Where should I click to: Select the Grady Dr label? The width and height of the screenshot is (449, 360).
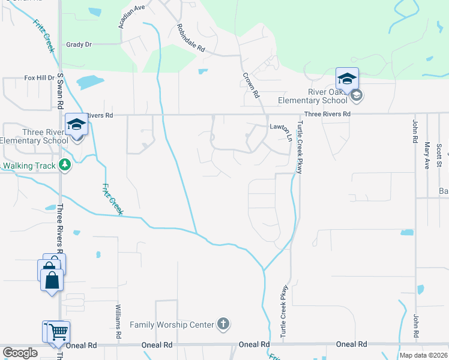point(79,44)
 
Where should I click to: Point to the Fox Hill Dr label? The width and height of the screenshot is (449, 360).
point(39,78)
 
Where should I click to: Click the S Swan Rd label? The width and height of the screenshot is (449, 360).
point(60,90)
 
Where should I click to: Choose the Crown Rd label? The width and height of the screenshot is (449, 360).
point(251,86)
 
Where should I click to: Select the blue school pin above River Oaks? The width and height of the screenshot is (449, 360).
point(347,79)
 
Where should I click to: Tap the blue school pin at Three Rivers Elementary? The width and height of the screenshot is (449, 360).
point(77,125)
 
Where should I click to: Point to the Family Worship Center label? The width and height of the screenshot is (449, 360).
point(172,325)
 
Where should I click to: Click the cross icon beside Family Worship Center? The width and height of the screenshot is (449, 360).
point(223,325)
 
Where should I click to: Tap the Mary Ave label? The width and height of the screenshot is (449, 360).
point(427,155)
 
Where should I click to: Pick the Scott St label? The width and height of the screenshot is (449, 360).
point(439,155)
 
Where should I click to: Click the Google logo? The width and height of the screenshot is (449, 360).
point(20,353)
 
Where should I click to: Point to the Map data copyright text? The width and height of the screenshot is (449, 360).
point(423,355)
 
